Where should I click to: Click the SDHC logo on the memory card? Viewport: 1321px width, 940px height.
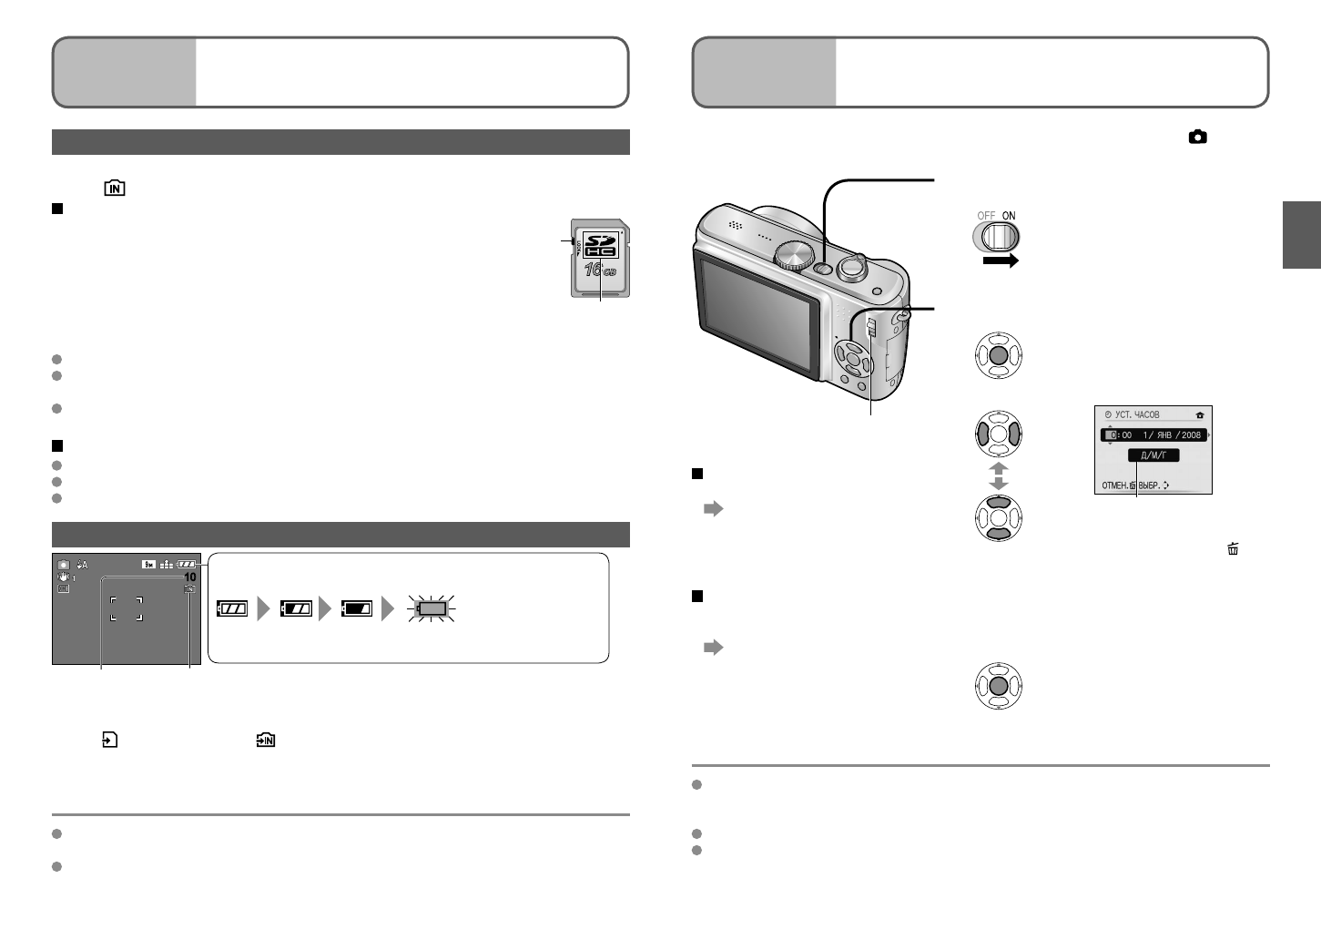tap(600, 243)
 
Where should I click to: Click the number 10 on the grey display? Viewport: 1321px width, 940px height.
tap(190, 577)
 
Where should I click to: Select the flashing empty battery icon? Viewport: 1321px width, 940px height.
tap(432, 609)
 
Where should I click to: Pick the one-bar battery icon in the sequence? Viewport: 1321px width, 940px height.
tap(356, 609)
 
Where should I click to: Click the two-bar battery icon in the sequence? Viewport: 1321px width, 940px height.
tap(296, 609)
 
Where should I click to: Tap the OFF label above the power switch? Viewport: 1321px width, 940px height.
tap(986, 216)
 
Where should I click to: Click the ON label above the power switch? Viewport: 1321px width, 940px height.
tap(1009, 216)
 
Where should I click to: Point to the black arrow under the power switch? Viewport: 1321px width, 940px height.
tap(1000, 261)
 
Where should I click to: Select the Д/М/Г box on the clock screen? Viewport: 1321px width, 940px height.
tap(1153, 455)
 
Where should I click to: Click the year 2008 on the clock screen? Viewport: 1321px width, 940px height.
tap(1192, 434)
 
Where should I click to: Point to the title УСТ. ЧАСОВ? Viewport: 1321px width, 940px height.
tap(1138, 414)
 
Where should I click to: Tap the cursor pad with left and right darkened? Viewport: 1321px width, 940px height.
tap(999, 434)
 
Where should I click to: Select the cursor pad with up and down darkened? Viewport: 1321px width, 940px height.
tap(999, 518)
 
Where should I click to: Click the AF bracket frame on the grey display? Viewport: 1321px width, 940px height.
tap(127, 608)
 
